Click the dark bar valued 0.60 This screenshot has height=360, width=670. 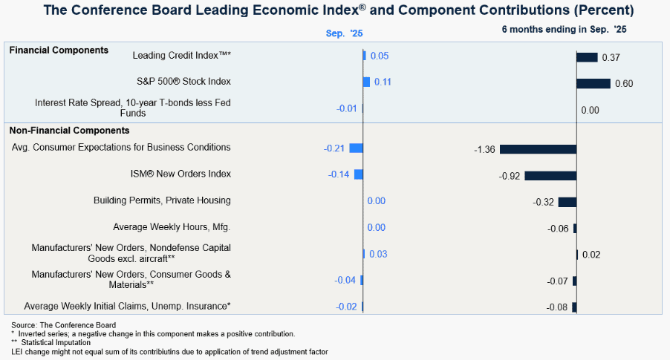(x=593, y=84)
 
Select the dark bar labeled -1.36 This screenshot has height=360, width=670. (x=539, y=149)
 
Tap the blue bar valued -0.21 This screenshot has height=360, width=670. (x=357, y=148)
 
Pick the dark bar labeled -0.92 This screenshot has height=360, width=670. (x=551, y=175)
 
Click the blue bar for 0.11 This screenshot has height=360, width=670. (x=367, y=82)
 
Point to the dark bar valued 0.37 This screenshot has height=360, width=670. (x=587, y=57)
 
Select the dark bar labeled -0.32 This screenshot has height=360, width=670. (x=567, y=202)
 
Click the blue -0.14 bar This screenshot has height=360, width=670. (x=359, y=174)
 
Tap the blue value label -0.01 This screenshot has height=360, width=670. (x=347, y=108)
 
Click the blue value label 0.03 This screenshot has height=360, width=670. (x=378, y=254)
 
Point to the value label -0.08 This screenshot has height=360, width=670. (x=557, y=307)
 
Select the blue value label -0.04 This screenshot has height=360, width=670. (x=345, y=280)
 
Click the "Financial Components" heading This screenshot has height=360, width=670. (x=59, y=50)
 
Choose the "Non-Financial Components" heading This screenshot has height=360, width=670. (x=69, y=131)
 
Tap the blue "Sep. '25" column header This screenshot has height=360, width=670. (x=345, y=33)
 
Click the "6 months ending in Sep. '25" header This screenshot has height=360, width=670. (x=564, y=30)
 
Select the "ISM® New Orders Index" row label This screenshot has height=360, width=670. (x=180, y=174)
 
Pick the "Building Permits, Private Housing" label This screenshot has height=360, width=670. (x=163, y=200)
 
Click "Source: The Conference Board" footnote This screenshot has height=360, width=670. (x=64, y=325)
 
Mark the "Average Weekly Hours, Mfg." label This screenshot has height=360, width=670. (x=172, y=227)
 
